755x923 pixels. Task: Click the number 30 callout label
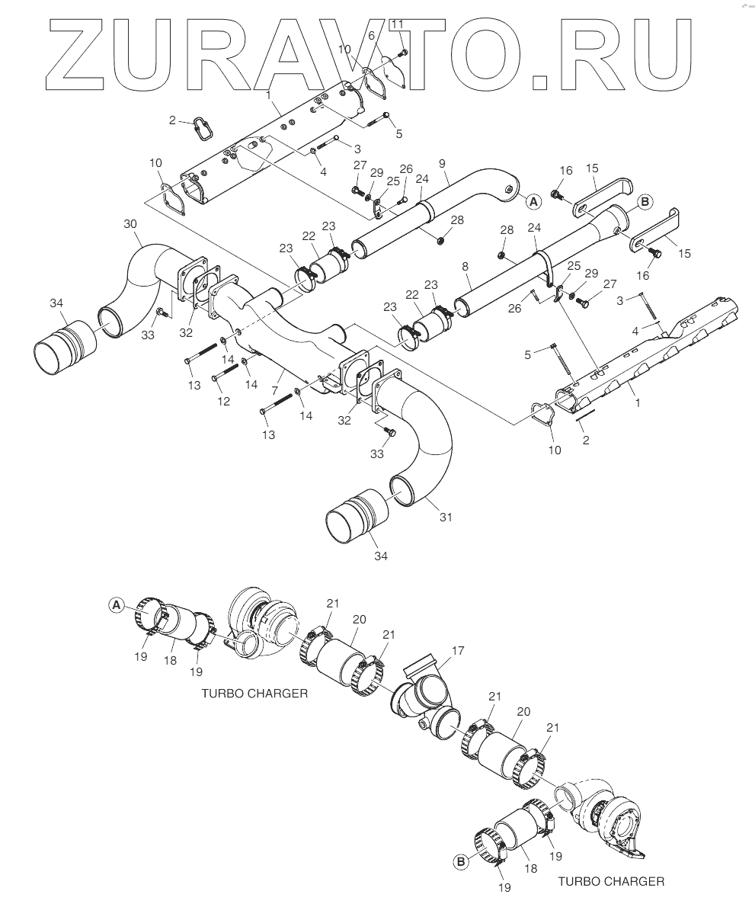[x=130, y=224]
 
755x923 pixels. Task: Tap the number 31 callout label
[x=446, y=518]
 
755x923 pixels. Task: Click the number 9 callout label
[x=442, y=164]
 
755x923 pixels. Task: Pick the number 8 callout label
[x=465, y=267]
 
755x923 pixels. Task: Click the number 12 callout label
[x=223, y=402]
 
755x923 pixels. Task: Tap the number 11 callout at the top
[x=397, y=24]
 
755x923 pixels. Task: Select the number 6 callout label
[x=371, y=36]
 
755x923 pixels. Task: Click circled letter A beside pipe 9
[x=533, y=202]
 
